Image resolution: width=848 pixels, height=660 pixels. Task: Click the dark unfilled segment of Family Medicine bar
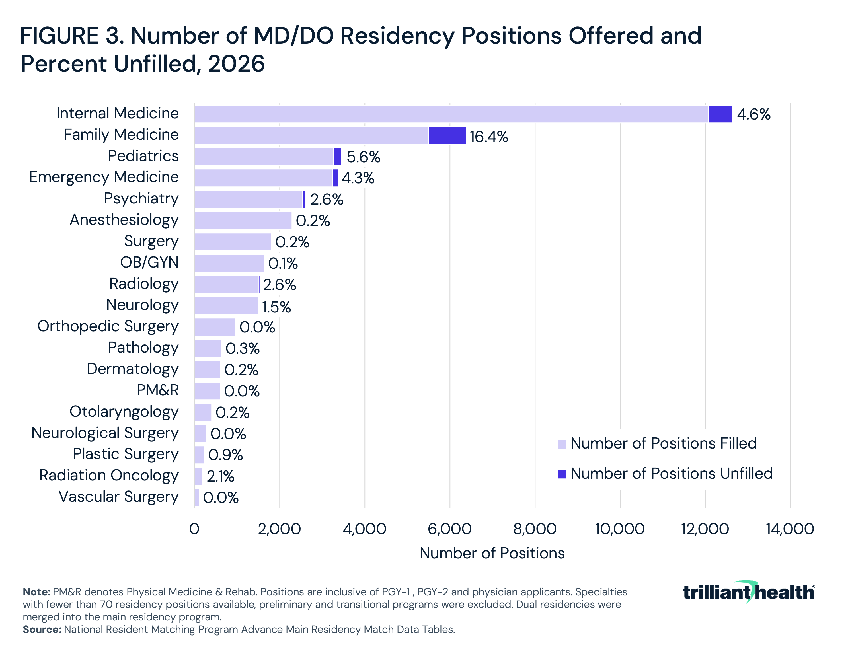point(447,135)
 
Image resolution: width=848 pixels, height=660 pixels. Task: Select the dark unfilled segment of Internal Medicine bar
point(720,114)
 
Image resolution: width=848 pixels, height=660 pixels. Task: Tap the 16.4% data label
point(488,137)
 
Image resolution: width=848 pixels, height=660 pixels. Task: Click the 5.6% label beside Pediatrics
point(363,157)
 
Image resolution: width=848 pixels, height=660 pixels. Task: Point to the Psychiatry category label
point(141,198)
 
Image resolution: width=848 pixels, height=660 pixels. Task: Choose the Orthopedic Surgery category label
point(108,326)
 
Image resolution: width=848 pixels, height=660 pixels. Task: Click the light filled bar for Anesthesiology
point(243,221)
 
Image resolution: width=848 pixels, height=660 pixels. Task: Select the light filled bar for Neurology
point(226,306)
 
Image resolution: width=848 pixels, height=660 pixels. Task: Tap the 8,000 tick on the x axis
point(535,529)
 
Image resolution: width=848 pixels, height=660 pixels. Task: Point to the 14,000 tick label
point(790,529)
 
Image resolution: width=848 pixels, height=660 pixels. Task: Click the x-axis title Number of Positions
point(492,553)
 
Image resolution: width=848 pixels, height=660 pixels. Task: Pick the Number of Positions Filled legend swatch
point(561,444)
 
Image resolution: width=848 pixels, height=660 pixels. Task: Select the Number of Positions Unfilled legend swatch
point(561,474)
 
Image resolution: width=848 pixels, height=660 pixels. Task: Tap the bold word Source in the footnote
point(42,629)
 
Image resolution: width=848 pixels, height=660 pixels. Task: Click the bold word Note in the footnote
point(36,592)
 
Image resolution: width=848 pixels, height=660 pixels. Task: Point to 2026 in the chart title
point(236,64)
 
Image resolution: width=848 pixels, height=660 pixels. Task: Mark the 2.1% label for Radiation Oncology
point(220,476)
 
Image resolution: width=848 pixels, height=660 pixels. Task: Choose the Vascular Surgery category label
point(118,497)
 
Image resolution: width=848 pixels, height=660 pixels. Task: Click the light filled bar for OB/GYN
point(229,263)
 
